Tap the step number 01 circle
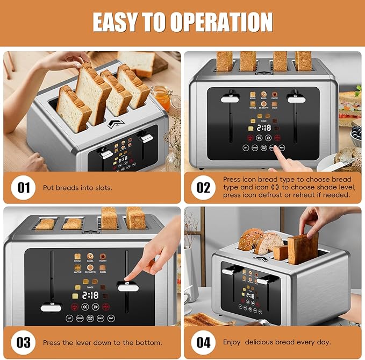[x=24, y=188]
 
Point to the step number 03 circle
[x=24, y=341]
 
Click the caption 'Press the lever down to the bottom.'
[x=102, y=342]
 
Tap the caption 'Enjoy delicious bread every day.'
[x=277, y=342]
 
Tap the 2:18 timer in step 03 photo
[x=90, y=295]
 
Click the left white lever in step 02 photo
[x=230, y=99]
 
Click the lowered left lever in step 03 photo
[x=54, y=308]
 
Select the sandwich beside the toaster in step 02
[x=350, y=105]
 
